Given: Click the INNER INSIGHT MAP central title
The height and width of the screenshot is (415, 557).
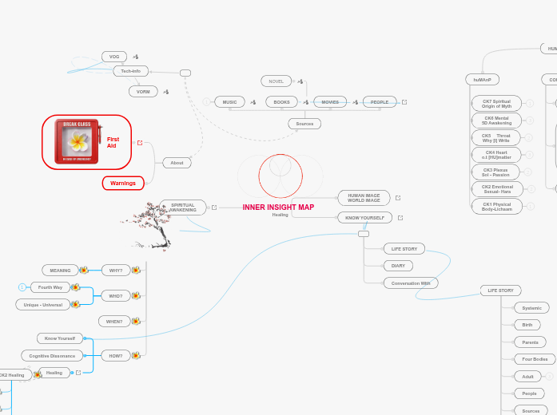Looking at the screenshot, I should pos(278,207).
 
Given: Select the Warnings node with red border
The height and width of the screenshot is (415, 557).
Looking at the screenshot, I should pos(123,184).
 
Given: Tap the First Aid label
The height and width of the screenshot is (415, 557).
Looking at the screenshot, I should pos(113,143).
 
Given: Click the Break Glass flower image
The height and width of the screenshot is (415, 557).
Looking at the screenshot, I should pos(78,142).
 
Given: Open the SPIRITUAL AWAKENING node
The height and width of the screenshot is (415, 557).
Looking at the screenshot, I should pos(183,207).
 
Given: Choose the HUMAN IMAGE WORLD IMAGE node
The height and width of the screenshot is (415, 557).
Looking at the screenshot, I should pos(364,198).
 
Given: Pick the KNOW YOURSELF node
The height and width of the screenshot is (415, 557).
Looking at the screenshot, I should pos(364,217).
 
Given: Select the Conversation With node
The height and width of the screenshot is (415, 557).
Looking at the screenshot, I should pos(411,283).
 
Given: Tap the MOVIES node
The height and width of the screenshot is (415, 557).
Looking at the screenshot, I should pos(330,102).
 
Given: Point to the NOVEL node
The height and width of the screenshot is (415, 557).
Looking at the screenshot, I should pos(277,81).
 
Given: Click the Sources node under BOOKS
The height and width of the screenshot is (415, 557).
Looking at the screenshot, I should pos(304,124).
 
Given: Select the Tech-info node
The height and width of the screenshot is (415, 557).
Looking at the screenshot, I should pos(131,71).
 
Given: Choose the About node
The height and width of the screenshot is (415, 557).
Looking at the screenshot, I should pos(177,163).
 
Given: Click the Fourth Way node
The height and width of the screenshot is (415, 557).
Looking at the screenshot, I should pos(50,287).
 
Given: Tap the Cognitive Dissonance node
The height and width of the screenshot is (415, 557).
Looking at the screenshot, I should pos(52,356).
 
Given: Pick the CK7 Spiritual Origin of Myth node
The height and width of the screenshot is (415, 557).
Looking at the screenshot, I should pos(496,104).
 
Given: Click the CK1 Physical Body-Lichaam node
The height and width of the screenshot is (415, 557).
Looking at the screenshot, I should pos(496,207).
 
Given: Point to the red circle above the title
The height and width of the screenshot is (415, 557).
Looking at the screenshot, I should pos(280,176).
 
